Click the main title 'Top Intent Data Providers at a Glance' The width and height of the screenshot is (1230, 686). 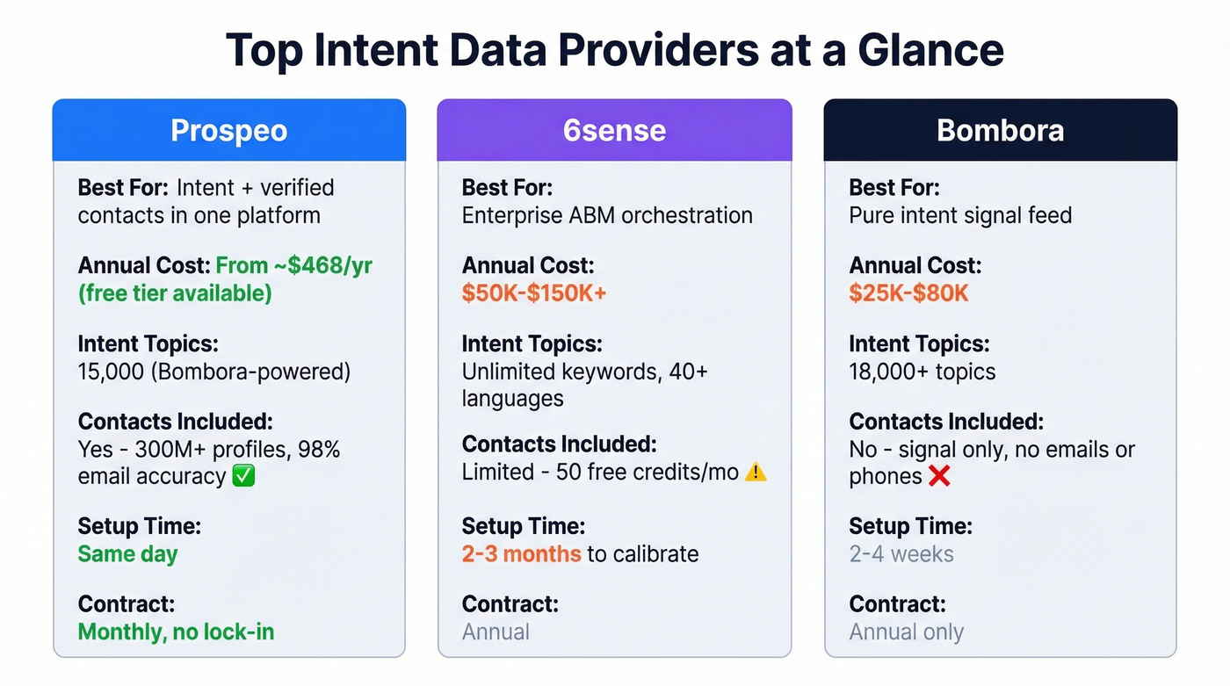[x=614, y=50]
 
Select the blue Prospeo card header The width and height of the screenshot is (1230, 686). [x=228, y=130]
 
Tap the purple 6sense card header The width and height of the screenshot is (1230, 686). [x=614, y=130]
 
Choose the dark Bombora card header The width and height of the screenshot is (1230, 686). [x=1000, y=130]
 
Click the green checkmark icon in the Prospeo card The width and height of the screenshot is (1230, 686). [x=244, y=477]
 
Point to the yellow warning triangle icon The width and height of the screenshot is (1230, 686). [x=756, y=473]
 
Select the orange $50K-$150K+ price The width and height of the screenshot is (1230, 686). [x=534, y=292]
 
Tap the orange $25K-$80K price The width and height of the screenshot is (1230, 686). [x=908, y=292]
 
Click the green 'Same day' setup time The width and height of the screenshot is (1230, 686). [x=127, y=554]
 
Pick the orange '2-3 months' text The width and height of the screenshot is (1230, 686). [x=521, y=554]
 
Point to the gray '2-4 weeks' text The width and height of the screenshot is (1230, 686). [x=901, y=554]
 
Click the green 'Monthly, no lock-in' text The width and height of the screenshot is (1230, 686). [x=176, y=632]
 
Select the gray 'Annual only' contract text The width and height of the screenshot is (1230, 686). [x=906, y=632]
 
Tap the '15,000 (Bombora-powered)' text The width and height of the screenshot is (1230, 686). [x=213, y=372]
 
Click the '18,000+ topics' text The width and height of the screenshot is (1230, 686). [x=922, y=372]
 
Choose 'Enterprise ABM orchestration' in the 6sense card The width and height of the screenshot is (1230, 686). [x=607, y=215]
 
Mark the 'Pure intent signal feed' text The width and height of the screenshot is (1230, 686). [x=960, y=215]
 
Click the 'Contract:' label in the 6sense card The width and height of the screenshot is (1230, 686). [x=510, y=604]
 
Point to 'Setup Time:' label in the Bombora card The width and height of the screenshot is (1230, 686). [x=910, y=526]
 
